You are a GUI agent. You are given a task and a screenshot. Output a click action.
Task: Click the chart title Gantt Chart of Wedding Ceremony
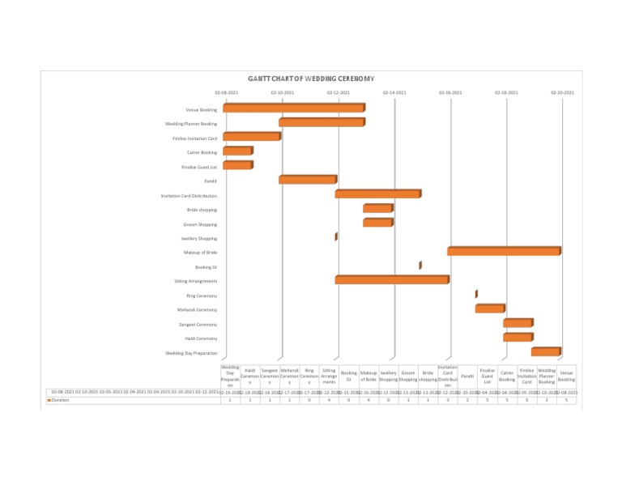click(x=300, y=79)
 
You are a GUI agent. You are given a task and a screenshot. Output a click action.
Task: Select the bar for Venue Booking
click(x=293, y=108)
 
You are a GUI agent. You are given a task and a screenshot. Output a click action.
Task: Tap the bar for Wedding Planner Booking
click(x=322, y=122)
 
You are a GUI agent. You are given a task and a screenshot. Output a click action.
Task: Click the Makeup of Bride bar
click(x=503, y=252)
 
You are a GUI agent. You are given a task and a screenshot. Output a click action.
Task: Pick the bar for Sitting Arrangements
click(x=391, y=280)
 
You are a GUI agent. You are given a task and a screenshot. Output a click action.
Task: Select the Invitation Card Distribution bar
click(x=377, y=194)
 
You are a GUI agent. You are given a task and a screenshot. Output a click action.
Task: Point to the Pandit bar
click(x=307, y=180)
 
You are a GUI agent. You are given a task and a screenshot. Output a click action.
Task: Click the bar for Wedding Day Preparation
click(x=545, y=352)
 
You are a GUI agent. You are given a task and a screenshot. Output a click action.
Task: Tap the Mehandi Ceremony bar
click(x=489, y=309)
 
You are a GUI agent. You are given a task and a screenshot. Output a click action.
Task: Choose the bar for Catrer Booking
click(x=237, y=151)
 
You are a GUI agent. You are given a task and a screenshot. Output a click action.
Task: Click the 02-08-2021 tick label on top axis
click(x=226, y=92)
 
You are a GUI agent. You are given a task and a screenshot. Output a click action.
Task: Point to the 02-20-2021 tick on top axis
click(x=562, y=92)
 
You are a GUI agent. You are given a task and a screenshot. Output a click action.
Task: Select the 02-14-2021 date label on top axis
click(x=394, y=92)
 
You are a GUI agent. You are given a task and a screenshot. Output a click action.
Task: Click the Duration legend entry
click(x=56, y=400)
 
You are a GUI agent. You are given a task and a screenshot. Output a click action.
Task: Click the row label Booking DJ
click(x=206, y=266)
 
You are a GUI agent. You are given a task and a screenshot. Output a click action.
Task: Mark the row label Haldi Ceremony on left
click(x=200, y=338)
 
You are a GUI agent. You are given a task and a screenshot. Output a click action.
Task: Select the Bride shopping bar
click(x=377, y=208)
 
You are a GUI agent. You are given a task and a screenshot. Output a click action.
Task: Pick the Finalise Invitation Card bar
click(x=251, y=137)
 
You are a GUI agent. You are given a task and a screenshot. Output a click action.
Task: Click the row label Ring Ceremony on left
click(x=201, y=296)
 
